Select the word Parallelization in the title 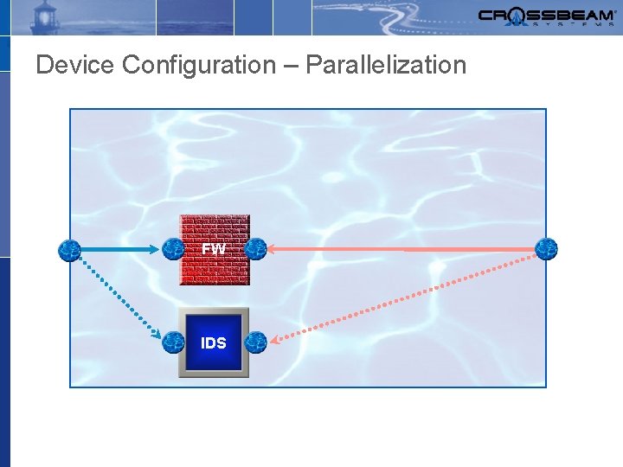[x=386, y=65]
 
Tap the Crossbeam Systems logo [x=546, y=16]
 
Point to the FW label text [x=214, y=249]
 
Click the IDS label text [x=214, y=343]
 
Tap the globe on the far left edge [x=69, y=250]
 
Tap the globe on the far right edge [x=546, y=249]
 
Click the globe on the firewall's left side [x=173, y=249]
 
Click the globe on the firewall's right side [x=255, y=249]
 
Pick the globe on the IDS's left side [x=173, y=342]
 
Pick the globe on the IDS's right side [x=255, y=342]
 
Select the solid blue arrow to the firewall [x=121, y=250]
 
